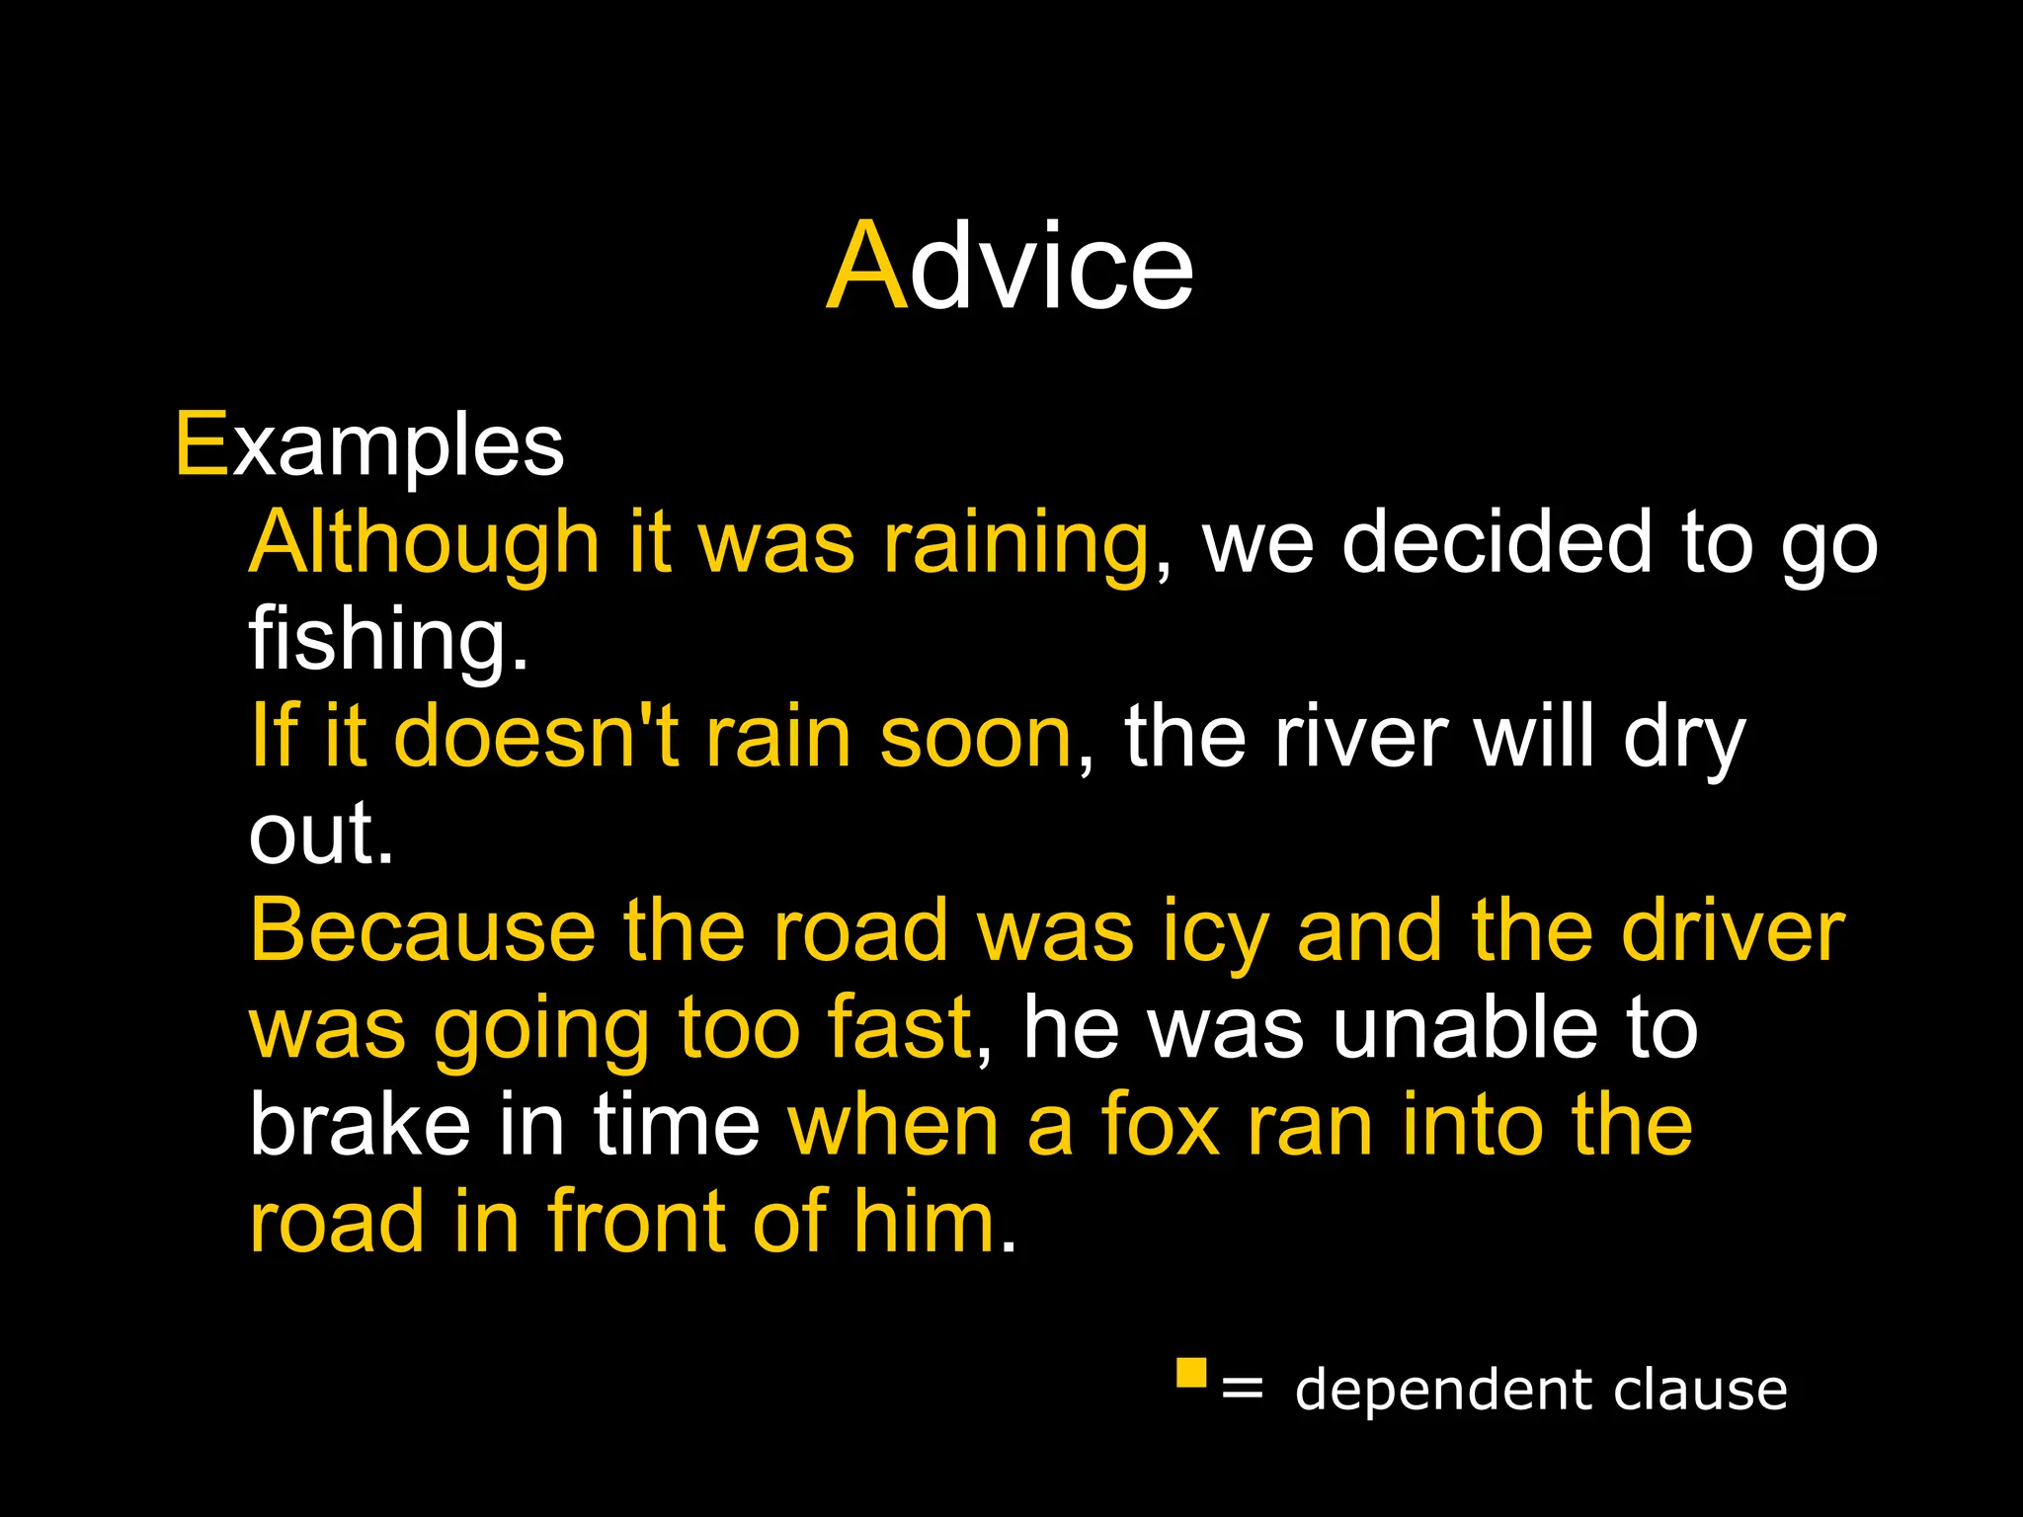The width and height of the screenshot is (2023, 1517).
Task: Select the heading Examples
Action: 369,445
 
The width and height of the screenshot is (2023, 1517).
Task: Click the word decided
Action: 1497,542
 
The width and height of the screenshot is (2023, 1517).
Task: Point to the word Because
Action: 422,930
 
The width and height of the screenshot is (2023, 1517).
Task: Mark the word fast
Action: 900,1027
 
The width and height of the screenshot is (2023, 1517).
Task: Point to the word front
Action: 637,1221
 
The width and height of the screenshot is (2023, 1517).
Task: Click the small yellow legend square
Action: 1191,1373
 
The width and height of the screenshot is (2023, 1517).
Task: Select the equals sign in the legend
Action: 1242,1389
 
